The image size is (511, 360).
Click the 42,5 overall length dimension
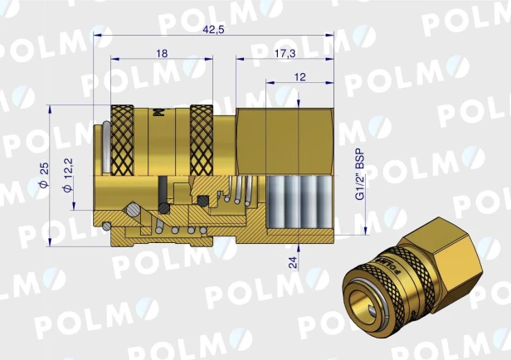point(213,30)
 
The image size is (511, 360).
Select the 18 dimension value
point(162,53)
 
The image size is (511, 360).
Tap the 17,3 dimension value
point(285,53)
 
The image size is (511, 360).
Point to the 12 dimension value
point(299,77)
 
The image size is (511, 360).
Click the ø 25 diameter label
point(44,175)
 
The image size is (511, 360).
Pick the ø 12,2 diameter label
point(68,175)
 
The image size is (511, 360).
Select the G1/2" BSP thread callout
point(360,175)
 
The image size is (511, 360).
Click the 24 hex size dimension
point(294,262)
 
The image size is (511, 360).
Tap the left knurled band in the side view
point(122,140)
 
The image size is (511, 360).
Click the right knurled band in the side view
point(202,140)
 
